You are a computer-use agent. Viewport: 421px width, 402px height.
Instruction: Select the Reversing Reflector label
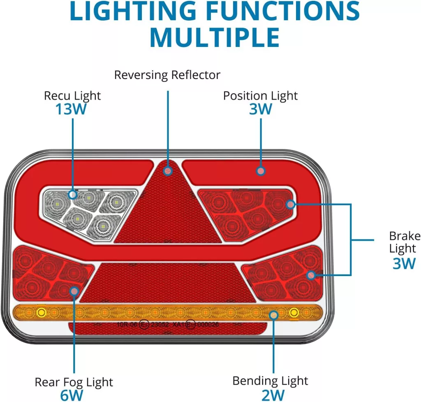point(167,75)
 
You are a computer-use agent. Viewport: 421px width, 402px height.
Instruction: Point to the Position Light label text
point(260,95)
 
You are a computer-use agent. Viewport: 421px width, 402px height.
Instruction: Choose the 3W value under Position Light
point(261,109)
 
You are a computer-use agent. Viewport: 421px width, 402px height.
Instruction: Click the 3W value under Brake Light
point(404,263)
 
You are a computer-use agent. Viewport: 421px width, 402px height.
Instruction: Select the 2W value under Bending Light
point(273,395)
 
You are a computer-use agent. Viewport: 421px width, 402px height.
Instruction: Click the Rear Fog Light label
point(74,382)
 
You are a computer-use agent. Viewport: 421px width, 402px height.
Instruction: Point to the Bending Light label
point(270,381)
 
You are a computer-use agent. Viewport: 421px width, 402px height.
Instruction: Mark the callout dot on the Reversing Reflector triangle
point(167,170)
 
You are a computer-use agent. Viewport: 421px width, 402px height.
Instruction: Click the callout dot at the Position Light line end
point(260,170)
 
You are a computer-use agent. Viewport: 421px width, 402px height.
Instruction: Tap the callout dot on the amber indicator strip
point(273,315)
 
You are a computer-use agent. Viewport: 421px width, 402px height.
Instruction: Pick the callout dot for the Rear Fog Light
point(74,291)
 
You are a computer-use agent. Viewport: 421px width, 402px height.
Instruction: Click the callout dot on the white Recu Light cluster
point(73,194)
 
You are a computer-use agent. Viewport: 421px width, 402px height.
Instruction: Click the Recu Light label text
point(72,96)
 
